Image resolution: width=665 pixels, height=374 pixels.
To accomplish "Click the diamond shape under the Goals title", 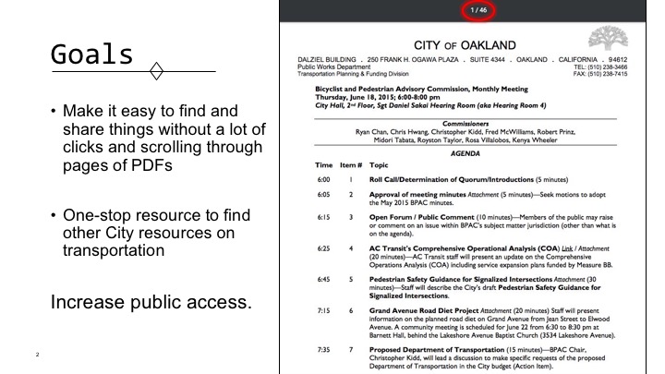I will [x=157, y=71].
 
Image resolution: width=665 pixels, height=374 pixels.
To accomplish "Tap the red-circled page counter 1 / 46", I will [x=478, y=11].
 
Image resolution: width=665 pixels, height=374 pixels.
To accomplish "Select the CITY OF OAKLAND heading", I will [x=465, y=45].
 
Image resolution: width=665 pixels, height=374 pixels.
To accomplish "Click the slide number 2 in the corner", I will [x=37, y=355].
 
